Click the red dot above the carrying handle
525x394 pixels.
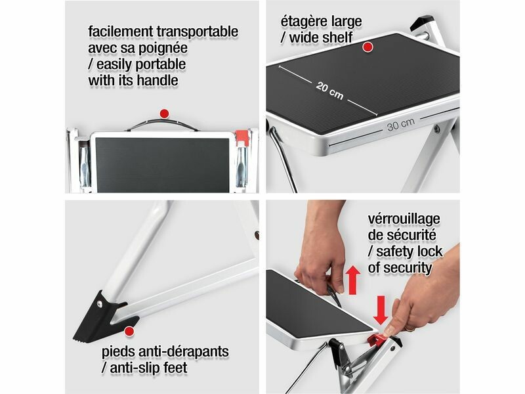[x=164, y=114]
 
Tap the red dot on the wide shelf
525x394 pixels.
[x=367, y=47]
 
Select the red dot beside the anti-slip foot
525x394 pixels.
[x=129, y=332]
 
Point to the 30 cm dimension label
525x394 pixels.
[x=401, y=124]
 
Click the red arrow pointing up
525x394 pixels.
[x=353, y=280]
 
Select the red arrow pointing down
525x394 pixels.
[x=381, y=310]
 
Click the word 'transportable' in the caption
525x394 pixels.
[x=198, y=32]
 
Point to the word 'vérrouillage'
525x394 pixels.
[x=404, y=219]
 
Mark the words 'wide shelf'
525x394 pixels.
[x=321, y=37]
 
